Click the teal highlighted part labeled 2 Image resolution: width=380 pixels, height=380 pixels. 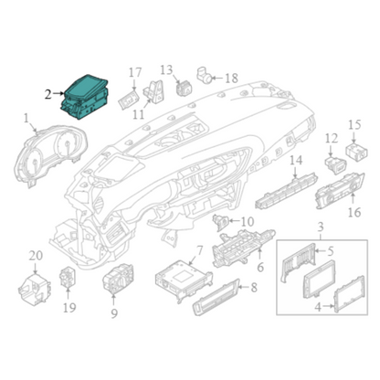[x=85, y=97]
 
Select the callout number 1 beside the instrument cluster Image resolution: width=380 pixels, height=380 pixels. [x=26, y=118]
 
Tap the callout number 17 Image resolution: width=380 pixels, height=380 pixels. [x=135, y=73]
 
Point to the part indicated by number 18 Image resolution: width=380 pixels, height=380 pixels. [x=205, y=76]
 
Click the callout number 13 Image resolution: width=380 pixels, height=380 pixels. [x=166, y=70]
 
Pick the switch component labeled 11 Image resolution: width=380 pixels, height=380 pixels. [x=153, y=91]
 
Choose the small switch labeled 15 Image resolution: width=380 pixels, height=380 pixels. [x=356, y=152]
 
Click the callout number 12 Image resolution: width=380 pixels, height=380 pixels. [x=332, y=139]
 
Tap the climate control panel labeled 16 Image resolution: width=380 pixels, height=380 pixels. [x=340, y=191]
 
